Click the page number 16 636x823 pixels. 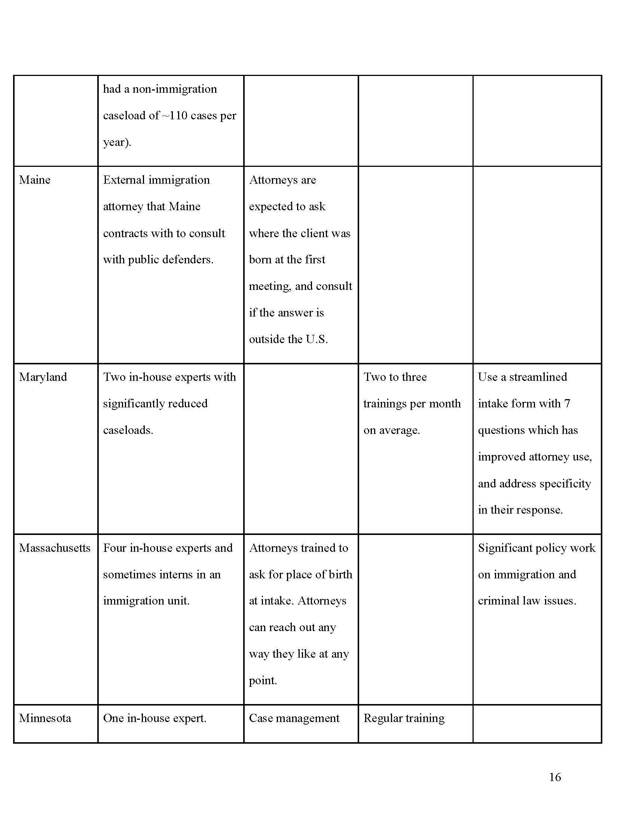click(x=554, y=777)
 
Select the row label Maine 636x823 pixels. click(x=35, y=180)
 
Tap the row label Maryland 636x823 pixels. click(x=43, y=377)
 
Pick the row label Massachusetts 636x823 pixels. click(x=55, y=548)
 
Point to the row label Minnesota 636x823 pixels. click(x=45, y=718)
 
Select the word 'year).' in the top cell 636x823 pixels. click(x=117, y=142)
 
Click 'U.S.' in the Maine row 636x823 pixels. click(x=317, y=339)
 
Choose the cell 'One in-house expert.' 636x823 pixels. click(x=155, y=718)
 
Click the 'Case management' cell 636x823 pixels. click(x=294, y=718)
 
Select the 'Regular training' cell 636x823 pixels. click(x=404, y=718)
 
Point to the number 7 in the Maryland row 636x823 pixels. click(x=567, y=404)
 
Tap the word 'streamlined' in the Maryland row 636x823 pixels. click(x=538, y=377)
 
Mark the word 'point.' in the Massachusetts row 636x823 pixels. click(x=263, y=680)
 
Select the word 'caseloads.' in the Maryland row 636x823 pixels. click(x=128, y=430)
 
